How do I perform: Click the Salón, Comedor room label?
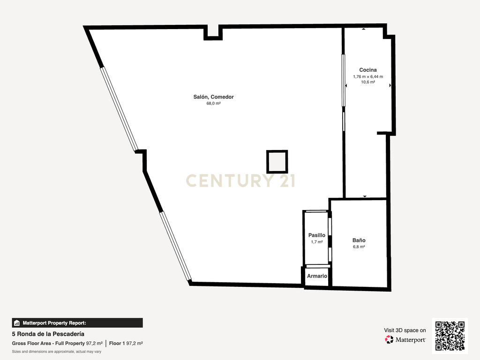click(213, 97)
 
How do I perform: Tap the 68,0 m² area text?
click(213, 104)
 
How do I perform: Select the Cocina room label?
click(367, 70)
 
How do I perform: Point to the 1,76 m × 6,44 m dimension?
click(367, 76)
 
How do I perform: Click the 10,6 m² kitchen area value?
click(367, 82)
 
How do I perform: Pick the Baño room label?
click(359, 240)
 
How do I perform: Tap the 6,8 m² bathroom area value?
click(359, 247)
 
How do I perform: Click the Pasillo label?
click(316, 235)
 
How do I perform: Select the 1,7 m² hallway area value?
click(316, 242)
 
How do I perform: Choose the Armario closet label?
click(317, 276)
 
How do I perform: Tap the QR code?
click(450, 336)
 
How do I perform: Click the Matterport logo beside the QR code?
click(405, 339)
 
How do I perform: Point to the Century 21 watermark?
click(240, 180)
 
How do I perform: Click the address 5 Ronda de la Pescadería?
click(48, 334)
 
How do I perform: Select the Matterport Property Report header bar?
click(77, 323)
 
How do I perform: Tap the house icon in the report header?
click(17, 323)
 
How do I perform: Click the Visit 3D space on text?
click(405, 330)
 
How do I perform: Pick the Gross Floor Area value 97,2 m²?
click(94, 344)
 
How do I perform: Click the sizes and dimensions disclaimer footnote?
click(57, 352)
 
